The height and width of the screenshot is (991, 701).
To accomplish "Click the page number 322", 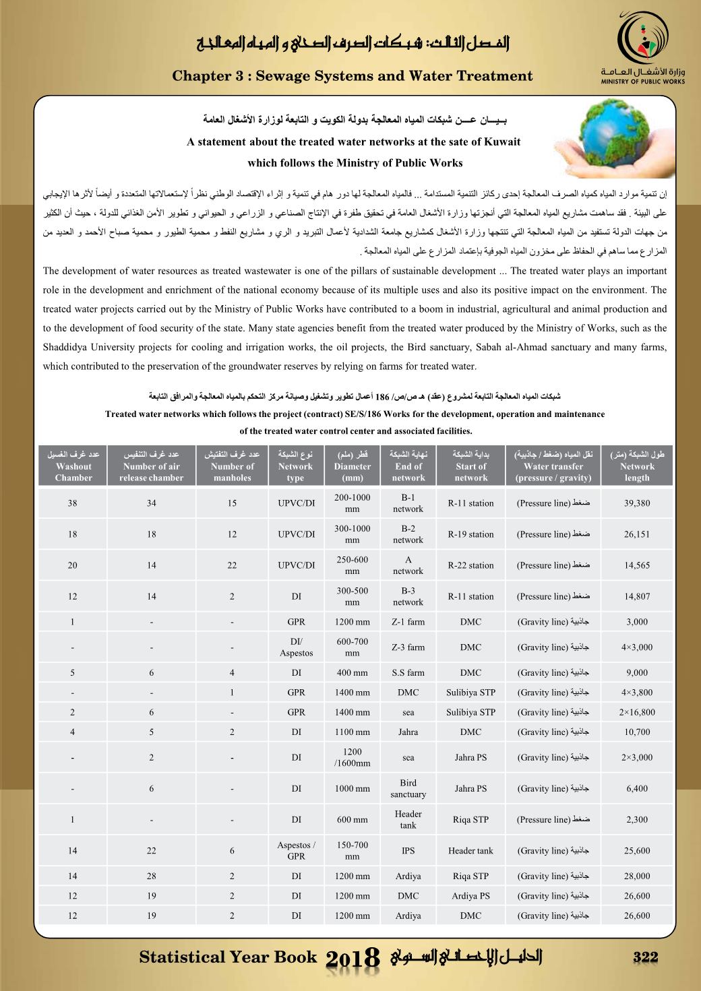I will pyautogui.click(x=644, y=957).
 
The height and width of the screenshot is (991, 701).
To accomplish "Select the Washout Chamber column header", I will pyautogui.click(x=73, y=466).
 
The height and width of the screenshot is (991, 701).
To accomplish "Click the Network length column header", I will pyautogui.click(x=636, y=466).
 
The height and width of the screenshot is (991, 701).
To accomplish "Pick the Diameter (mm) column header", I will pyautogui.click(x=352, y=466).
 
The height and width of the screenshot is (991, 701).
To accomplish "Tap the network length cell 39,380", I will pyautogui.click(x=636, y=503).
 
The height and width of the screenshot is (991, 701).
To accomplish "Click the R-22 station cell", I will pyautogui.click(x=470, y=565).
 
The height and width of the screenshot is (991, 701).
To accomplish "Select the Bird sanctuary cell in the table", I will pyautogui.click(x=408, y=788).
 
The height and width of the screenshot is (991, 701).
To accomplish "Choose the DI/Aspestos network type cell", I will pyautogui.click(x=296, y=647).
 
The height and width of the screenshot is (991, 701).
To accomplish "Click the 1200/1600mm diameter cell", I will pyautogui.click(x=352, y=757).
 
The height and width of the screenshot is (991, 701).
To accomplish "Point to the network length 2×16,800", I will pyautogui.click(x=636, y=712).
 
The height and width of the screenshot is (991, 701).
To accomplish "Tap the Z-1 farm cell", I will pyautogui.click(x=408, y=622).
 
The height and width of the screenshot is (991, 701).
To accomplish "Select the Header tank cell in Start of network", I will pyautogui.click(x=470, y=851).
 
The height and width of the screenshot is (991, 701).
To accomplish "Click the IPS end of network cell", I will pyautogui.click(x=408, y=851).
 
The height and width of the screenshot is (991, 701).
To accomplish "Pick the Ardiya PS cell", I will pyautogui.click(x=470, y=896).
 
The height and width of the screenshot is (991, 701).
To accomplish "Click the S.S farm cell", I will pyautogui.click(x=408, y=672).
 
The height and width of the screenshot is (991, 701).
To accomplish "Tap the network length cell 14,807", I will pyautogui.click(x=636, y=596).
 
